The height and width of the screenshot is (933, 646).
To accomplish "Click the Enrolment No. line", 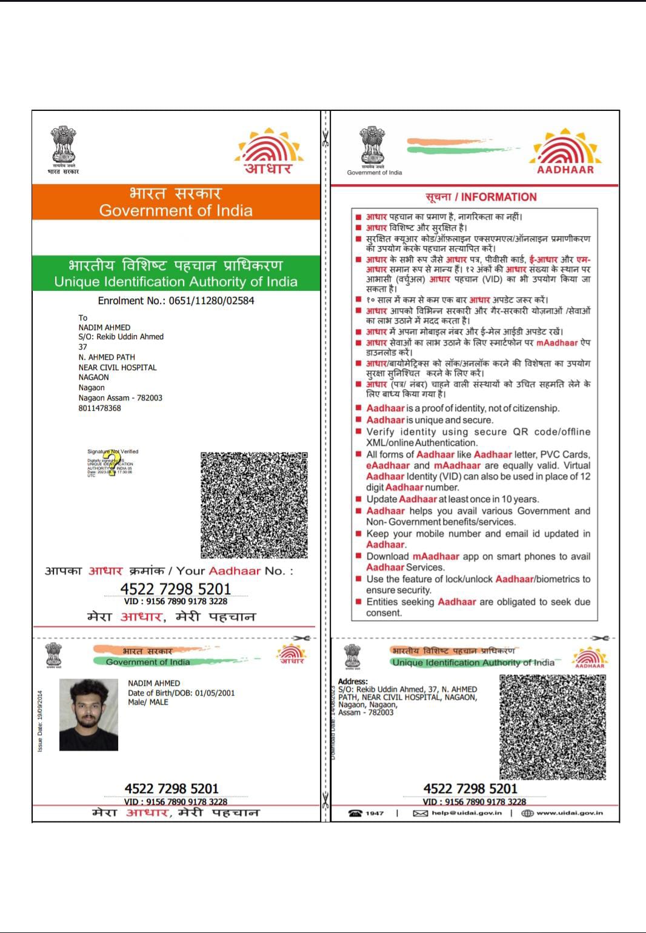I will pos(176,300).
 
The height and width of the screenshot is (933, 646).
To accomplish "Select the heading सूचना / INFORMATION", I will pos(481,197).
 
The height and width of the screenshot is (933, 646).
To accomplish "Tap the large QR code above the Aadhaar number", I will pos(254,505).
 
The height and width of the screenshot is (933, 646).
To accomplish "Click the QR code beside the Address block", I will pos(552,727).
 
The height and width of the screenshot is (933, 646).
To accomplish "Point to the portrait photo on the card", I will pos(88,715).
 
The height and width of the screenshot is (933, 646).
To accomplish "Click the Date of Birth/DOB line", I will pos(181,693).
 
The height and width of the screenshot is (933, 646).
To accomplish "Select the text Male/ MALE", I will pos(148,702).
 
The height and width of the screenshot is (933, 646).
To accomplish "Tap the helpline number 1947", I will pos(375,813).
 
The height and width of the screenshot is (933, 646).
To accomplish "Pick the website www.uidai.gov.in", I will pos(569,813).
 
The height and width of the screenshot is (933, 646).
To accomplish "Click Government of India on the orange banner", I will pos(176,211).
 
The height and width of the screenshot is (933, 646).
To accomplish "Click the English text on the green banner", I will pos(176,282).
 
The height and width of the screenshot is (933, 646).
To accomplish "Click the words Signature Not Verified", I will pos(113,451).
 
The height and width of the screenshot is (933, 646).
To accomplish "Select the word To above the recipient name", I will pos(83,317).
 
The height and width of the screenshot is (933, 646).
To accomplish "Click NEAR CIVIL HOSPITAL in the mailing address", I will pos(118,367).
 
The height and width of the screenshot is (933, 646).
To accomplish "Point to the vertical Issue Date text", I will pos(40,721).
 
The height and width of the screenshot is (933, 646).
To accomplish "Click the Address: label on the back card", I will pos(353,682).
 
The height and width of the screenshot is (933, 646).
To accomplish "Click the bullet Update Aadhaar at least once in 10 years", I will pos(452,499).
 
